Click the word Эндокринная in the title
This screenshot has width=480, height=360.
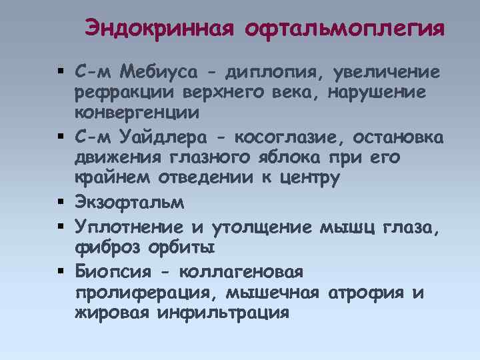click(x=159, y=29)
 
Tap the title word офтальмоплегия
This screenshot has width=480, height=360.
click(x=345, y=29)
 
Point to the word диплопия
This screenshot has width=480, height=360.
click(x=267, y=71)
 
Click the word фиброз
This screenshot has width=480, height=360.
click(x=107, y=249)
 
